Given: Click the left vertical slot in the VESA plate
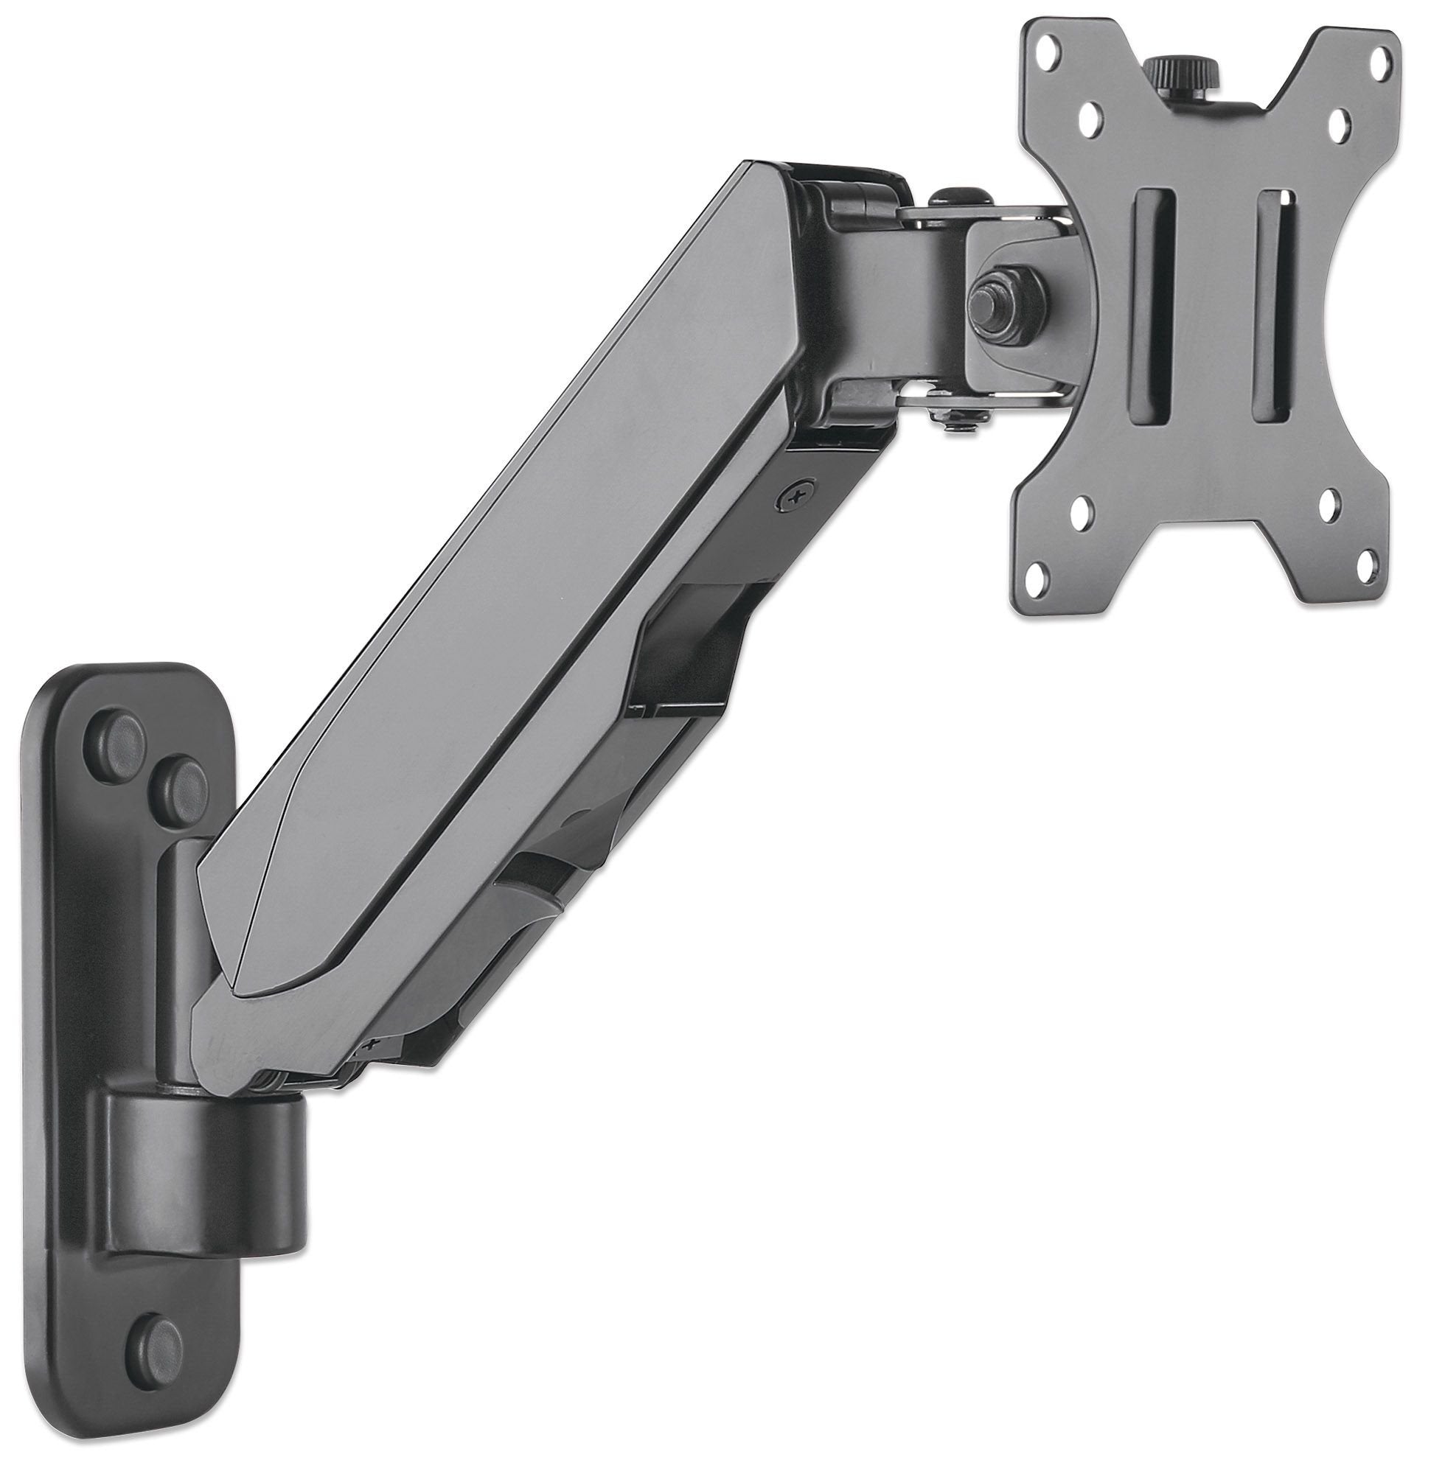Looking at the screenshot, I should tap(1151, 309).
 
